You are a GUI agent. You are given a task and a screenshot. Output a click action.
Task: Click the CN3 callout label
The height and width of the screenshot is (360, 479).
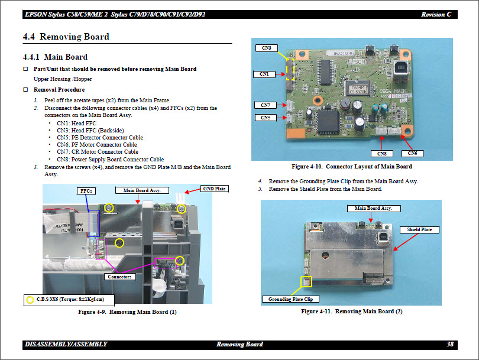266,47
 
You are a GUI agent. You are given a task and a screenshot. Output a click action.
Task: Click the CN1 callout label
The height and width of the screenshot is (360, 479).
264,74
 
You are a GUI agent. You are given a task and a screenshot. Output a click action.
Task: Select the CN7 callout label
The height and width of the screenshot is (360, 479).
265,105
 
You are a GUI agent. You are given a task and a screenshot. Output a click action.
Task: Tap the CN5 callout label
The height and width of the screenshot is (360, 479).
265,118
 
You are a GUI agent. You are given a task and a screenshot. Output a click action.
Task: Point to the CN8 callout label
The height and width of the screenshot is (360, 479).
382,154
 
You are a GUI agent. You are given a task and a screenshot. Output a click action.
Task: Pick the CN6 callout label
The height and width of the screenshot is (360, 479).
412,154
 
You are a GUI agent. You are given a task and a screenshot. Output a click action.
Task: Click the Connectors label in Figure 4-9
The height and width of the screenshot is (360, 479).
121,277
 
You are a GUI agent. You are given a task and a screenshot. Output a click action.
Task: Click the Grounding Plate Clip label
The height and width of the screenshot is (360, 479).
290,299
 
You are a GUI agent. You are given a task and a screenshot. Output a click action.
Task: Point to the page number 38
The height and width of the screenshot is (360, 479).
450,344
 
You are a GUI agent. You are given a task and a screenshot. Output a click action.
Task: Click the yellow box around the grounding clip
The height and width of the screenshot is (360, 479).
306,282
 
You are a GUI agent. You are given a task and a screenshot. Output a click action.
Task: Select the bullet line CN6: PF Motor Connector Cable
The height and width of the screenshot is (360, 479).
96,145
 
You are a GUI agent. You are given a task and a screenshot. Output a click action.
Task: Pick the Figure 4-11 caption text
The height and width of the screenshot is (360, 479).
351,312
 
